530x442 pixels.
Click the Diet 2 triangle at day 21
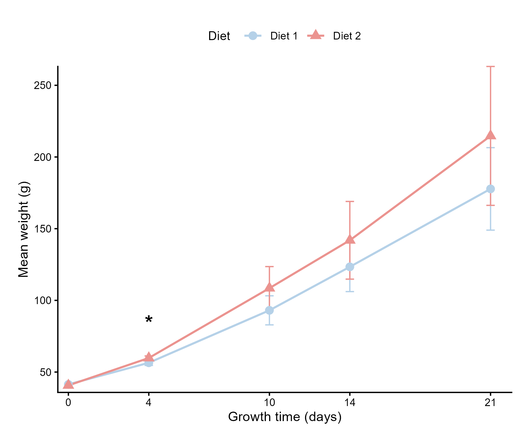490,135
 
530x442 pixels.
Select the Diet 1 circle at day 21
490,189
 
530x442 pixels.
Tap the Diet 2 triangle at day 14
350,240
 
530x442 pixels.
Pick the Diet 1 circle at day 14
350,267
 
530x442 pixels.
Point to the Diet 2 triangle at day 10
269,287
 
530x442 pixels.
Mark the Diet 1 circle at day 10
269,310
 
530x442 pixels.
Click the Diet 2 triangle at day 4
149,357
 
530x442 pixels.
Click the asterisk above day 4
149,319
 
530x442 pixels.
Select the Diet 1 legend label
284,36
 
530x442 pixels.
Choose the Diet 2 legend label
347,36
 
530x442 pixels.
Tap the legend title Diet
219,36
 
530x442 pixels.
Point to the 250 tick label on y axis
43,85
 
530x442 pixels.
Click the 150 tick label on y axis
43,229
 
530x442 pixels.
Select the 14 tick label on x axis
350,403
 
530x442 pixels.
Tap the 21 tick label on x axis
490,403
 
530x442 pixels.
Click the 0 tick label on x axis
68,403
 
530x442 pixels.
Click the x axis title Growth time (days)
285,417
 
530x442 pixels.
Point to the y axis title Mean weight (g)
24,229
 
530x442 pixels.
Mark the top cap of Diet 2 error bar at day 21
490,67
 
